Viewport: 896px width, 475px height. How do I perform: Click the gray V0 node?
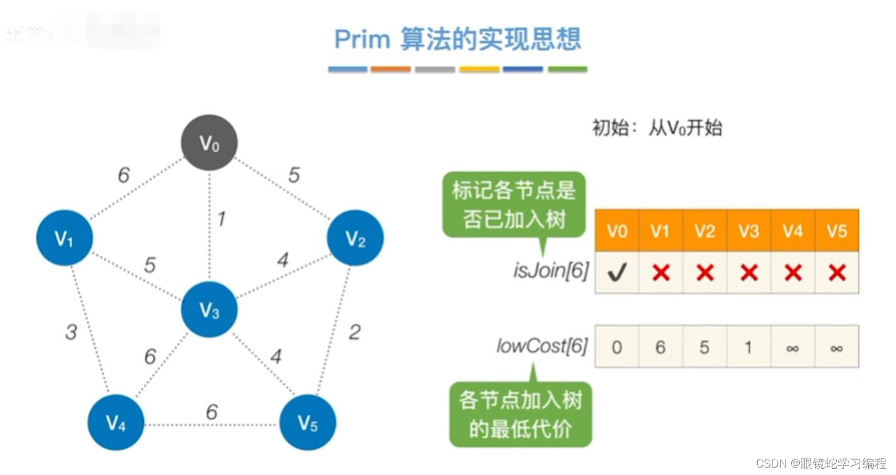(x=209, y=143)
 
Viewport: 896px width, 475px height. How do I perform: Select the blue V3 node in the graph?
(x=209, y=310)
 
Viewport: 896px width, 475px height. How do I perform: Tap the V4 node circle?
(x=115, y=423)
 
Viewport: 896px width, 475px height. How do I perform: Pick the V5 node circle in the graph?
(x=307, y=423)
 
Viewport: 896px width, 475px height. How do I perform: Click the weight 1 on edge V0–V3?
(x=220, y=218)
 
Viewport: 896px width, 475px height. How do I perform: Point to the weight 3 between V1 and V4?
(x=71, y=332)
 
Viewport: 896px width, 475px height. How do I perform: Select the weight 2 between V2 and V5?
(x=354, y=332)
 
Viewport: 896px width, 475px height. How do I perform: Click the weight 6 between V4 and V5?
(x=212, y=411)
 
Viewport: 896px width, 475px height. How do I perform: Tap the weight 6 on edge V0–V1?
(x=123, y=175)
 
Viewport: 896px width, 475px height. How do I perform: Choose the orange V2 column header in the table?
(x=705, y=231)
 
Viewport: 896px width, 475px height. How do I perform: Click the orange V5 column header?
(x=837, y=231)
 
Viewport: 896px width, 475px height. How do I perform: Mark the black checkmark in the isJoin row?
(x=617, y=272)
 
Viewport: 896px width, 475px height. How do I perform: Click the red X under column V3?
(x=749, y=272)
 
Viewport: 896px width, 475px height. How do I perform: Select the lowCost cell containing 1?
(x=749, y=347)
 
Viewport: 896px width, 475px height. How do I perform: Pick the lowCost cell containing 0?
(x=617, y=347)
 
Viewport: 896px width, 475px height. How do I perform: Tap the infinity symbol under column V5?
(x=837, y=348)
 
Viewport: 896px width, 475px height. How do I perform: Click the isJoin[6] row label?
(x=550, y=270)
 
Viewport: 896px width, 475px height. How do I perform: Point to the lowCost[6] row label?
(x=541, y=345)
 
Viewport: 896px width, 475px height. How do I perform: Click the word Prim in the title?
(x=362, y=39)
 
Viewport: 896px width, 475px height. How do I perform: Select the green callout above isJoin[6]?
(x=513, y=204)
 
